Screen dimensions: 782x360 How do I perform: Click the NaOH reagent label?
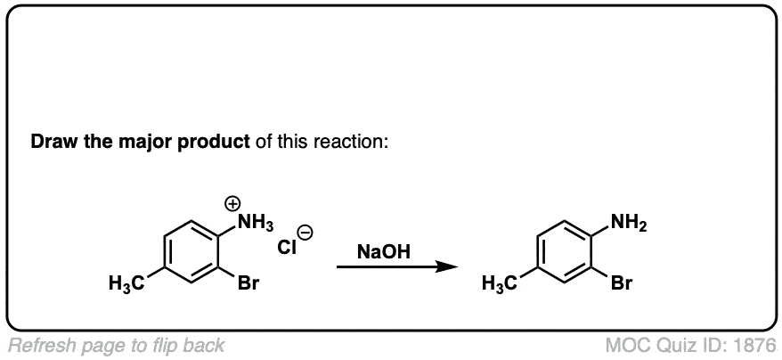(384, 252)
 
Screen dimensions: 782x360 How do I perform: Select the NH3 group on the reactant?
(256, 224)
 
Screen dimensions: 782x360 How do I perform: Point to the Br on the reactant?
(248, 283)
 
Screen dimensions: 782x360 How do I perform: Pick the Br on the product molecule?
(622, 283)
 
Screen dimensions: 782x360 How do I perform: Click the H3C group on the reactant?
(126, 284)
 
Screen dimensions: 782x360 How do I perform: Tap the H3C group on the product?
(501, 284)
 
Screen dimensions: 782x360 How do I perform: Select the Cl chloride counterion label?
(288, 247)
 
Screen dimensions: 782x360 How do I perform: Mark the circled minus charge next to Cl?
(305, 233)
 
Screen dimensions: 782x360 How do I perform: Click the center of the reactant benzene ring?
(192, 251)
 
